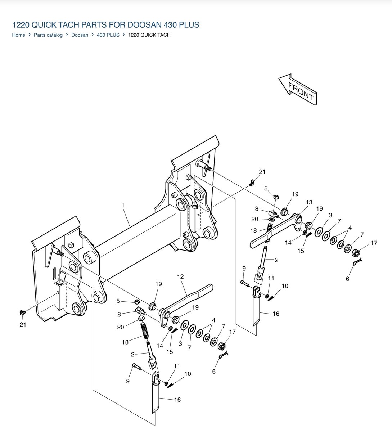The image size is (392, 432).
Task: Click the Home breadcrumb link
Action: [18, 35]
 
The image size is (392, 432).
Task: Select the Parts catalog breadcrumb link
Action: [48, 35]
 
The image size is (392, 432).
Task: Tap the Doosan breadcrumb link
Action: [80, 35]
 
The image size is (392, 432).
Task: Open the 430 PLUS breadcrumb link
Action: [108, 35]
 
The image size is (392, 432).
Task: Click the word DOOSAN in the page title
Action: [144, 25]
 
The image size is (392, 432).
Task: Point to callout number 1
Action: [123, 205]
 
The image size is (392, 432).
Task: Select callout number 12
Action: [180, 277]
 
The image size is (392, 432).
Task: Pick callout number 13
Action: [309, 202]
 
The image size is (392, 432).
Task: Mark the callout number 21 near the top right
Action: [262, 172]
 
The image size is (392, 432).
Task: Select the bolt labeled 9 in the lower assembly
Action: [136, 366]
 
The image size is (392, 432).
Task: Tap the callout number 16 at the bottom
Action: [177, 400]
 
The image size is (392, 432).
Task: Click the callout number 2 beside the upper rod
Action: [276, 260]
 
